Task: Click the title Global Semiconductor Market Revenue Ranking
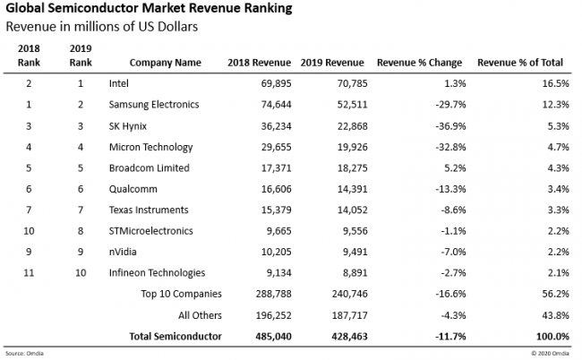tap(142, 9)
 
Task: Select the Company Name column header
tap(165, 64)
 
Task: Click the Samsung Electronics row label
tap(154, 105)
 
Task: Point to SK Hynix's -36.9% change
tap(444, 124)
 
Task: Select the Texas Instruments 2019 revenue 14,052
tap(344, 210)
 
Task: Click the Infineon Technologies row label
tap(157, 272)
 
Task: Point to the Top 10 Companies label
tap(181, 294)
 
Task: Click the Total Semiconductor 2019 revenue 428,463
tap(341, 336)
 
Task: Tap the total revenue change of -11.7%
tap(443, 336)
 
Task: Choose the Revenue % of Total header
tap(519, 64)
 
